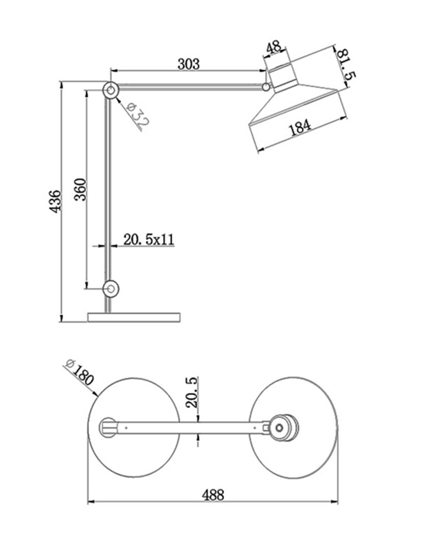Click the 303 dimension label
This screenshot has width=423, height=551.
click(189, 64)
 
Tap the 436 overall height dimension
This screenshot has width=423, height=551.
click(55, 202)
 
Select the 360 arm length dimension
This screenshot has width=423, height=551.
click(80, 189)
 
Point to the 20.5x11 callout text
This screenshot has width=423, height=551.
click(148, 239)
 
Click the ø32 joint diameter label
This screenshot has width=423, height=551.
click(138, 115)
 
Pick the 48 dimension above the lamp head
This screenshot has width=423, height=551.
click(274, 47)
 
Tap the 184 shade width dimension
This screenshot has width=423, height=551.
click(300, 128)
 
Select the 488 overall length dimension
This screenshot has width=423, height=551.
click(213, 495)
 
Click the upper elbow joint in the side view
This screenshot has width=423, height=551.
click(111, 90)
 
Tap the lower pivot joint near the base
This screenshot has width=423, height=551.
click(111, 289)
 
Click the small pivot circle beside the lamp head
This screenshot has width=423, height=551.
click(267, 86)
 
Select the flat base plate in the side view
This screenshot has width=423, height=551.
click(134, 317)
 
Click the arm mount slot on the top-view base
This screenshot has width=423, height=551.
click(109, 428)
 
